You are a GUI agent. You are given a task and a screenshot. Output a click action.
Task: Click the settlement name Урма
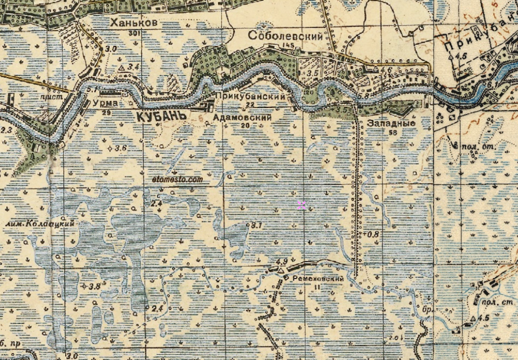[105, 103]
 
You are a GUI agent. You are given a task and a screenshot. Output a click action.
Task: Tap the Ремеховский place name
[319, 278]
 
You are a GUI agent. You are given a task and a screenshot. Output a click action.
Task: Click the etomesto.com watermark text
[178, 178]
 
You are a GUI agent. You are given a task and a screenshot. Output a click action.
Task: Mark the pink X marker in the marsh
[302, 205]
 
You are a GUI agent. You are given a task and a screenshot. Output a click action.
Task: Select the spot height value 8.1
[256, 226]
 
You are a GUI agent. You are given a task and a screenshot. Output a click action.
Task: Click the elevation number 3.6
[120, 148]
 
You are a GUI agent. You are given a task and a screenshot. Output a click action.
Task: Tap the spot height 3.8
[94, 286]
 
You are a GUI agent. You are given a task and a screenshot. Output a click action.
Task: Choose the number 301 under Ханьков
[132, 33]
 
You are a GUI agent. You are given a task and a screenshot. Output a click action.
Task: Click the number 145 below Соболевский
[287, 46]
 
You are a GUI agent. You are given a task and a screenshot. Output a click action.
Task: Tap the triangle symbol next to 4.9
[282, 271]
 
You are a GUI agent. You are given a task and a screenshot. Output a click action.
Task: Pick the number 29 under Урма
[105, 112]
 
